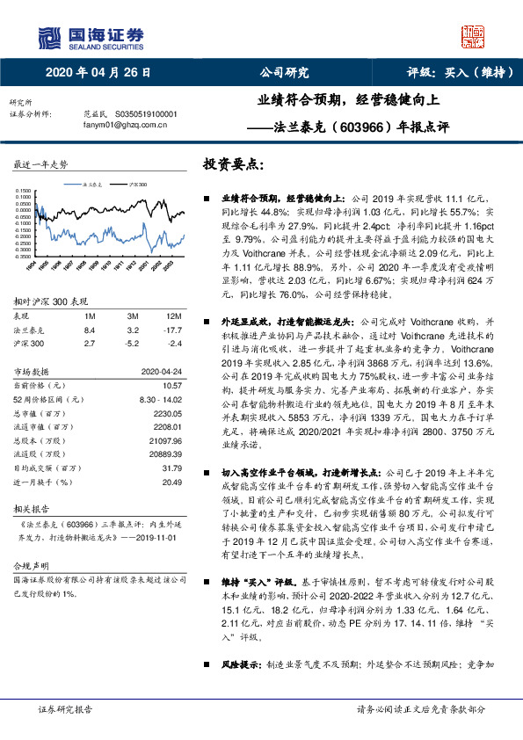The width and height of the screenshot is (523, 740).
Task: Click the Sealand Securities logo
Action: point(91,36)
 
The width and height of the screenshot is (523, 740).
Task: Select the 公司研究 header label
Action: point(284,72)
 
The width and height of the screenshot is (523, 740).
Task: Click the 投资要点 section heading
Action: point(233,164)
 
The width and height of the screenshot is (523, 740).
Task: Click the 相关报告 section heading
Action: point(31,508)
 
